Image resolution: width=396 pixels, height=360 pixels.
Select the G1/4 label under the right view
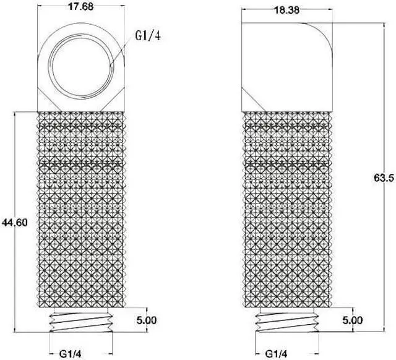[x=275, y=353]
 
